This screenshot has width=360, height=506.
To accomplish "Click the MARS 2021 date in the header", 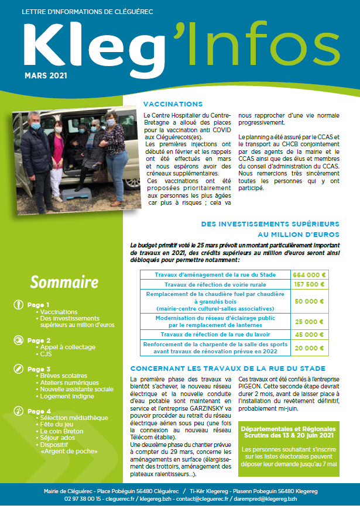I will coord(46,75).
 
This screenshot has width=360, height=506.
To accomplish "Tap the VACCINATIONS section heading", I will coord(173,104).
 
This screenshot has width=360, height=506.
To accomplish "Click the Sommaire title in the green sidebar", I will coord(64,283).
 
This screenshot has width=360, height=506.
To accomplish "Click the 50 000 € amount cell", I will coord(310,301).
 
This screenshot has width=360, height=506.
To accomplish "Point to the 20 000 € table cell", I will coord(310,348).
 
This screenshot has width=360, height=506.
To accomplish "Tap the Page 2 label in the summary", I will coord(39,340).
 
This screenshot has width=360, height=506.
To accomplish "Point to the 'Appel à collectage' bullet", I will coord(67,347).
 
